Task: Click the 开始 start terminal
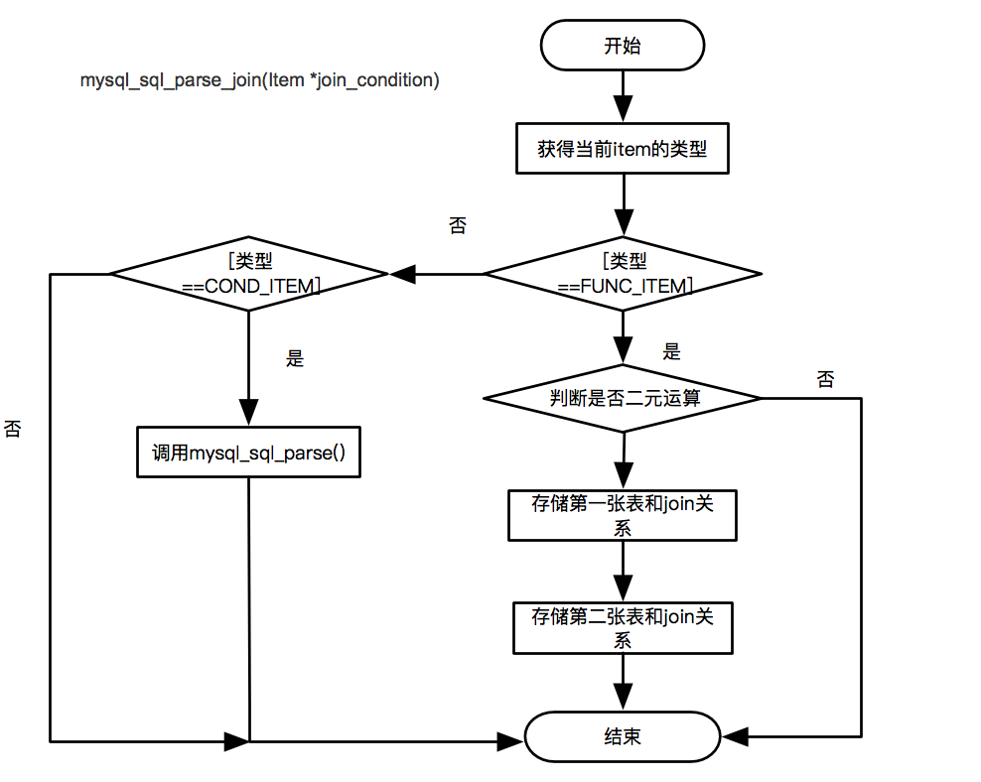622,46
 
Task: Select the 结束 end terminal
622,737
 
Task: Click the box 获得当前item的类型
622,149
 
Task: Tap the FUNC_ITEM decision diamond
622,273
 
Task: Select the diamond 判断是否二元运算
622,398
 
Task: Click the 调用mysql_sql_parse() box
247,454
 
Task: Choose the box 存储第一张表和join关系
622,515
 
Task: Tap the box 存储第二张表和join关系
622,627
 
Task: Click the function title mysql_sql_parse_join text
259,80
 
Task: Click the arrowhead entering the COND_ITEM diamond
402,273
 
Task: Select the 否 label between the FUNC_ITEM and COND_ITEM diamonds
458,226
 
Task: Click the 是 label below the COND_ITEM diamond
295,358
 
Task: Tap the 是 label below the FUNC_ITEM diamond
672,351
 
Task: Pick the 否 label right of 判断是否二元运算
825,379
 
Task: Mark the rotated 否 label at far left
14,429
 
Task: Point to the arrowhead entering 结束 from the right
736,737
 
